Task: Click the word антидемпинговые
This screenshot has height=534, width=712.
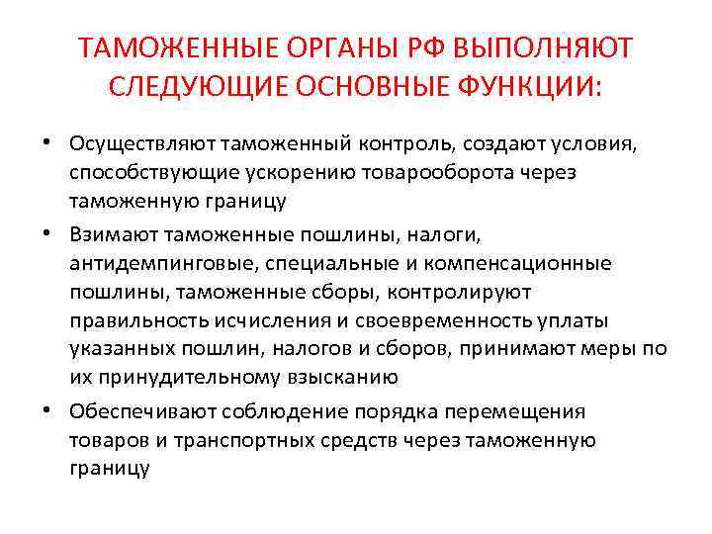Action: [150, 264]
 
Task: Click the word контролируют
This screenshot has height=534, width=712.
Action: [460, 292]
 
